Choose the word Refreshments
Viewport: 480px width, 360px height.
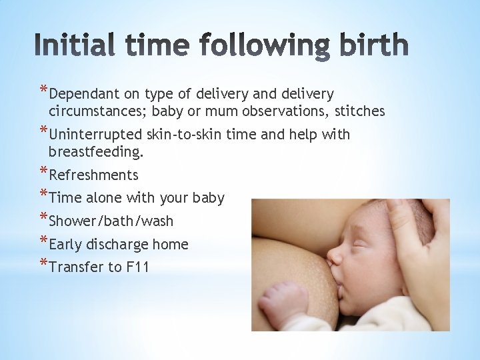(x=94, y=175)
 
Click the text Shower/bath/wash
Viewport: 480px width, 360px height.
(x=111, y=221)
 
